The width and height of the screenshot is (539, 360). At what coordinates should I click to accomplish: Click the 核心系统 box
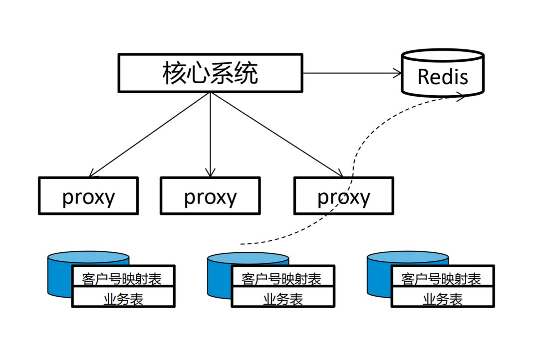pos(210,73)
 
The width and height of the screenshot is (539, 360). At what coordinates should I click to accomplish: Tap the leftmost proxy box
pos(88,196)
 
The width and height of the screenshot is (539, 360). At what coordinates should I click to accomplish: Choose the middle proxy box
pos(210,196)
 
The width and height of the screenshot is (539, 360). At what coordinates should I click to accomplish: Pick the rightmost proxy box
pos(343,196)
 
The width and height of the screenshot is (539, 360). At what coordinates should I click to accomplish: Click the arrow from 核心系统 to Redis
pos(352,73)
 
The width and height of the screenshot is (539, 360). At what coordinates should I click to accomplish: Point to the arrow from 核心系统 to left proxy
pos(150,135)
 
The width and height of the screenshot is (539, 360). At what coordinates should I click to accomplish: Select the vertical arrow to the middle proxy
pos(210,135)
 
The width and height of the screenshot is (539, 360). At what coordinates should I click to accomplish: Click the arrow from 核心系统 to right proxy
pos(277,135)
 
